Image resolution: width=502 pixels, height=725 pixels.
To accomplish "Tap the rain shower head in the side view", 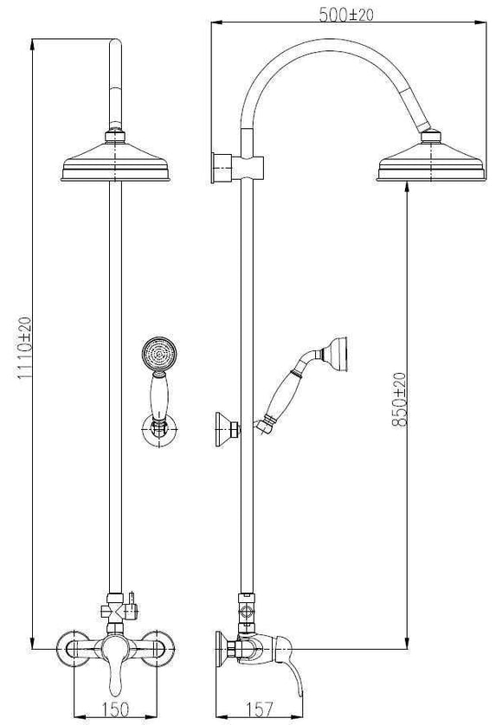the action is point(430,163).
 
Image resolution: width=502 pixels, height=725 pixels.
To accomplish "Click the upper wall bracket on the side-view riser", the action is point(222,166).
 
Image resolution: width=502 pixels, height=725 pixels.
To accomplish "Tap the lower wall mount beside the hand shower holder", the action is point(227,427).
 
